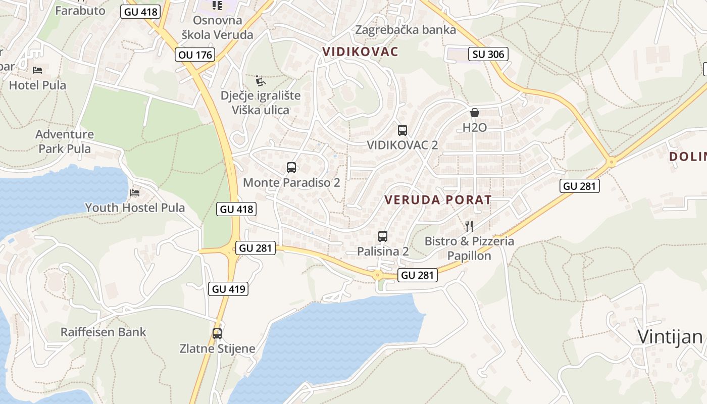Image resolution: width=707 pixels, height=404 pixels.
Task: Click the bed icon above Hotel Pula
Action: pyautogui.click(x=37, y=70)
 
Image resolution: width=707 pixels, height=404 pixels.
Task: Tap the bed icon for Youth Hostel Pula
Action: pyautogui.click(x=135, y=192)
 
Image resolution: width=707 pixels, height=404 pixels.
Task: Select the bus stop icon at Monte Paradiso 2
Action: pyautogui.click(x=291, y=168)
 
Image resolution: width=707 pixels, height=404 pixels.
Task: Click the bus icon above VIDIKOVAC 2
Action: pyautogui.click(x=402, y=130)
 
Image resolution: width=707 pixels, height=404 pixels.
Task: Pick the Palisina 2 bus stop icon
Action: pyautogui.click(x=383, y=236)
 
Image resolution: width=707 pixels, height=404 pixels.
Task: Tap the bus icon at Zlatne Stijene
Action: pyautogui.click(x=217, y=334)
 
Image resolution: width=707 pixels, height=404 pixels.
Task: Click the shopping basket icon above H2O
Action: pyautogui.click(x=475, y=113)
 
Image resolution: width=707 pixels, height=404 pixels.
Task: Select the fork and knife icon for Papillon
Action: pyautogui.click(x=469, y=226)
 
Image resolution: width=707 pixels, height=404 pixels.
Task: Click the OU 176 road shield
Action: pyautogui.click(x=195, y=55)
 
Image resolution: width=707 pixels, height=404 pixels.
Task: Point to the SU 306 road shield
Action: pyautogui.click(x=488, y=54)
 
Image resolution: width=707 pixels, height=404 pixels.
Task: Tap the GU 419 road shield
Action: pyautogui.click(x=229, y=289)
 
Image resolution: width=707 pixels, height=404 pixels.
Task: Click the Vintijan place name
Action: pyautogui.click(x=670, y=336)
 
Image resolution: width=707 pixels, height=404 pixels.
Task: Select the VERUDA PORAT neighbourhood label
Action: pyautogui.click(x=438, y=199)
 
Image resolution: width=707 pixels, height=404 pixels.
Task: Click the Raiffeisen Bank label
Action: pyautogui.click(x=103, y=332)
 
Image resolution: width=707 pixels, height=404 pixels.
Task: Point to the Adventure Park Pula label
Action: pyautogui.click(x=65, y=141)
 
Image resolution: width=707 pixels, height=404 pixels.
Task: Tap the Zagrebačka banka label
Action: pyautogui.click(x=406, y=30)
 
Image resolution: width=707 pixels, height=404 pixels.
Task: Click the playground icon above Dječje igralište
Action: pyautogui.click(x=261, y=81)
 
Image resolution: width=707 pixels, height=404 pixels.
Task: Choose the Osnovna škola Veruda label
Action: pyautogui.click(x=218, y=28)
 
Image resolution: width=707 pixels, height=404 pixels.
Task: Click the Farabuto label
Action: pyautogui.click(x=80, y=11)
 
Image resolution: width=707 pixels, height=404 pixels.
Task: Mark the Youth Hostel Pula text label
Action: pyautogui.click(x=135, y=208)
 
